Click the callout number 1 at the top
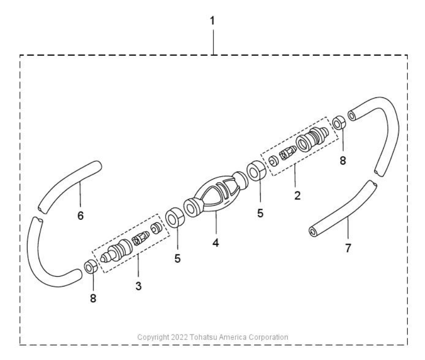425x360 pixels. tap(212, 21)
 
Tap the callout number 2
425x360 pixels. tap(297, 195)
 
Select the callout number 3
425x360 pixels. tap(139, 286)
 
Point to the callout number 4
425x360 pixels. tap(215, 243)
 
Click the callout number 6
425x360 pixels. tap(80, 216)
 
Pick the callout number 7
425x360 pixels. tap(348, 248)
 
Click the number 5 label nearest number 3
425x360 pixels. tap(178, 258)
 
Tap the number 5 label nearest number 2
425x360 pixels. tap(260, 214)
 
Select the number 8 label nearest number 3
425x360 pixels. tap(93, 298)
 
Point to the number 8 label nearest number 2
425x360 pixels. tap(343, 161)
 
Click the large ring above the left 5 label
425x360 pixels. tap(175, 217)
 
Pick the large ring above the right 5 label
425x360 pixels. tap(256, 171)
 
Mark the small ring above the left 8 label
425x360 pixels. tap(91, 267)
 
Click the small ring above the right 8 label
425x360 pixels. tap(339, 123)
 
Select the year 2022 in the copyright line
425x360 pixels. tap(179, 337)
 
